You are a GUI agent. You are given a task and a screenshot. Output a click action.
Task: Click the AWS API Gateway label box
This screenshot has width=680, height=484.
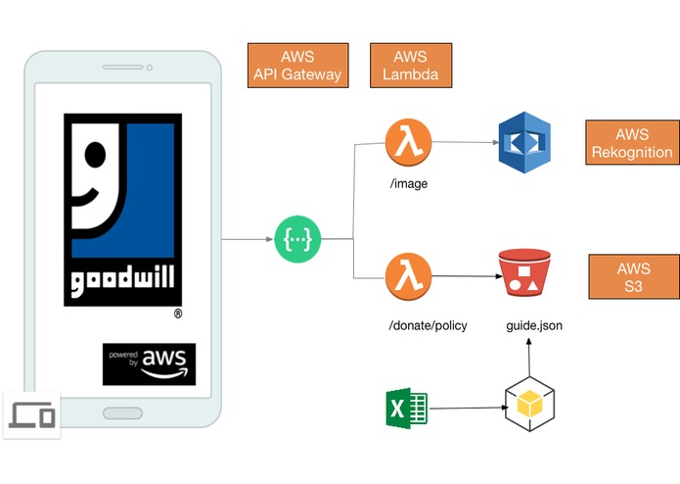(x=298, y=66)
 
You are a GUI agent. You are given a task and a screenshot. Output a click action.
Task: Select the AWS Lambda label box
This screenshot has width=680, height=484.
(x=411, y=66)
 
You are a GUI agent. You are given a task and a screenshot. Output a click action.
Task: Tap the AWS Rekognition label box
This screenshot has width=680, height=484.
(x=632, y=142)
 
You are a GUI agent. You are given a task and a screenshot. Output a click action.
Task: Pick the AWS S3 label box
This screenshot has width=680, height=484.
(x=634, y=276)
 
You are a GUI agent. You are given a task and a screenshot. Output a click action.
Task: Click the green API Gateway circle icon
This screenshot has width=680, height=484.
(x=297, y=239)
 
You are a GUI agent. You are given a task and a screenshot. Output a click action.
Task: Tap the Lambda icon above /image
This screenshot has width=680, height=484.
(x=409, y=142)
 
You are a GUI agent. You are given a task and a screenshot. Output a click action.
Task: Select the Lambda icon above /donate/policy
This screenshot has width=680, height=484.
(x=409, y=276)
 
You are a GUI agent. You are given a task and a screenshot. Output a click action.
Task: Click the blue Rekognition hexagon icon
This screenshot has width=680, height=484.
(x=524, y=142)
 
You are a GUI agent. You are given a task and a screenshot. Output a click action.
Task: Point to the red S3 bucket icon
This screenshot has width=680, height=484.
(x=524, y=272)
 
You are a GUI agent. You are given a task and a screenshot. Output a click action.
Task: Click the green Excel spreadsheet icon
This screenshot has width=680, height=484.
(x=407, y=408)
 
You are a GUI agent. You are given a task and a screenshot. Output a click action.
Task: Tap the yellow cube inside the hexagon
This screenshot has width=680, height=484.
(x=529, y=403)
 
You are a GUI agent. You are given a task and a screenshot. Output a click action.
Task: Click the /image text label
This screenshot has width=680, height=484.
(x=409, y=183)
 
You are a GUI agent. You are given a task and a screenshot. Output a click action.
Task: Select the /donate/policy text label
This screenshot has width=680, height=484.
(x=428, y=325)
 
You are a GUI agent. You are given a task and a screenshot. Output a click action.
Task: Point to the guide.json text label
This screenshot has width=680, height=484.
(x=534, y=325)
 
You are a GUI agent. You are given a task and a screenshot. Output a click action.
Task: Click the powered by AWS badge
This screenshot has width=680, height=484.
(x=149, y=364)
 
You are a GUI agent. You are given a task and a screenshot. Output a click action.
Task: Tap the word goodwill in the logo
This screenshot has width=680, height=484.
(x=122, y=280)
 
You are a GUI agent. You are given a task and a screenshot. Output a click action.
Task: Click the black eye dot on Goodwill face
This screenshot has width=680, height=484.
(x=96, y=155)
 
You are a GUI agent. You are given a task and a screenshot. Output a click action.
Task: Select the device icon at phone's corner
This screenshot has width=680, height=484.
(x=31, y=415)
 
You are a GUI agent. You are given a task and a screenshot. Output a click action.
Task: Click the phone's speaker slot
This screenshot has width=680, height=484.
(x=122, y=68)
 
